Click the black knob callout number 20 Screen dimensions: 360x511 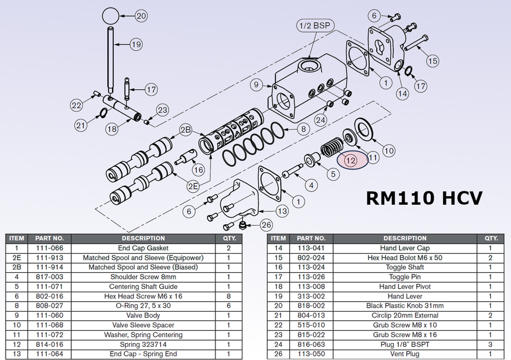point(141,16)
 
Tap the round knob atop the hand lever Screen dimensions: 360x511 point(111,15)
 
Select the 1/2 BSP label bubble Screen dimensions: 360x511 point(315,25)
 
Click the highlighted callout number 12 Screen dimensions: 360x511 point(351,161)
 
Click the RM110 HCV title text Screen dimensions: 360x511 point(424,198)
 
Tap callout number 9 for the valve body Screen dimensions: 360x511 point(256,85)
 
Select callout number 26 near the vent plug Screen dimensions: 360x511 point(266,225)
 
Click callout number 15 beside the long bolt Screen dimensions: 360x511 point(433,61)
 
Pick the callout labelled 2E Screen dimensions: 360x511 point(193,187)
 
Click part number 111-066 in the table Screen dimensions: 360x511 point(49,248)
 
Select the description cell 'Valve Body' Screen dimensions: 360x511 point(143,316)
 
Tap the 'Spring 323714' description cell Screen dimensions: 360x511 point(143,345)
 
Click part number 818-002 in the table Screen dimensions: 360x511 point(311,306)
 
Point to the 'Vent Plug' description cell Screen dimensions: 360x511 point(405,354)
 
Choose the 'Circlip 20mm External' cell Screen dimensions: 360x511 point(405,316)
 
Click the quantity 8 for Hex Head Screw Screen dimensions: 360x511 point(229,296)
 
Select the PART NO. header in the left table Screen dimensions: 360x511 point(49,238)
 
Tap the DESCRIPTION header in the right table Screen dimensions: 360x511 point(405,238)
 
